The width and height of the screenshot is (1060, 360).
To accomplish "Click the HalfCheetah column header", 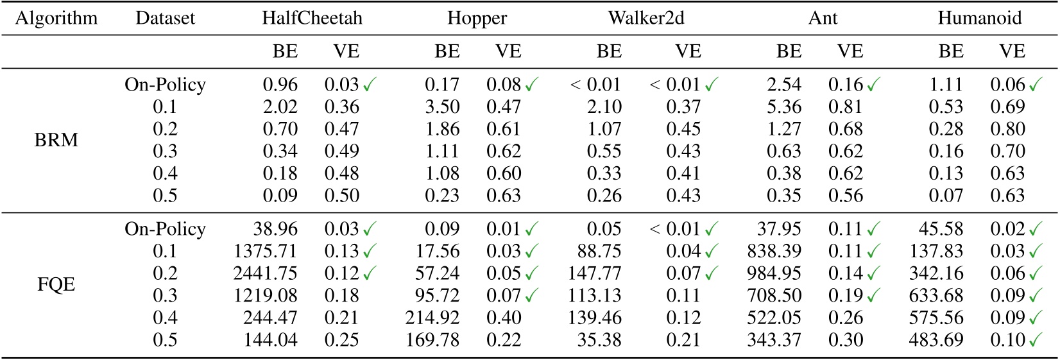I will click(312, 18).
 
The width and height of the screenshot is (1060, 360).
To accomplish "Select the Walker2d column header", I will click(645, 18).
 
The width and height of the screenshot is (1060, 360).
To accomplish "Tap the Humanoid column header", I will click(979, 18).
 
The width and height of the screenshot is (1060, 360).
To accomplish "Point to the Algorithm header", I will click(56, 18).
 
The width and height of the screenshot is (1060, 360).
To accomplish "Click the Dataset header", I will click(165, 18).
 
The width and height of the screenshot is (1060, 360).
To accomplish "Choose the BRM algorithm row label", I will click(56, 140).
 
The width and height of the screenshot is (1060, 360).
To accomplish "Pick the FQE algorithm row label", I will click(56, 284).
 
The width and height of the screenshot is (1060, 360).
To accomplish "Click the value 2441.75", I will click(266, 273).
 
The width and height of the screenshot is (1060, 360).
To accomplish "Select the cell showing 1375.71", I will click(266, 251).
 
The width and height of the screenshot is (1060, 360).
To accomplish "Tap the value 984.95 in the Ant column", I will click(774, 273).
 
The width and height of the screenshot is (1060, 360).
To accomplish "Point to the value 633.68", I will click(936, 295).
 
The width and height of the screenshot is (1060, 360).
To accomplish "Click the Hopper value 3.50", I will click(442, 107).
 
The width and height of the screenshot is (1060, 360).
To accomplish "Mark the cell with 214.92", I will click(432, 318).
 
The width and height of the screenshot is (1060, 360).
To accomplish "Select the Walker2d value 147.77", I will click(595, 273).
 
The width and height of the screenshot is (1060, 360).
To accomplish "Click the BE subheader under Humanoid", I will click(950, 51).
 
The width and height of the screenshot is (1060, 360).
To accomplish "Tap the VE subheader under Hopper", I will click(508, 51).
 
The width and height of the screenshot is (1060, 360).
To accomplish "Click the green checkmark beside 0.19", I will click(873, 296).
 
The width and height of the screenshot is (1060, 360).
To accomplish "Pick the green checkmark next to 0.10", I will click(1035, 340).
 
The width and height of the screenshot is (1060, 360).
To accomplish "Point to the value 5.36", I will click(783, 107).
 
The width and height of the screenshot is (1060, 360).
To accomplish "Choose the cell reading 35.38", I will click(599, 340).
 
